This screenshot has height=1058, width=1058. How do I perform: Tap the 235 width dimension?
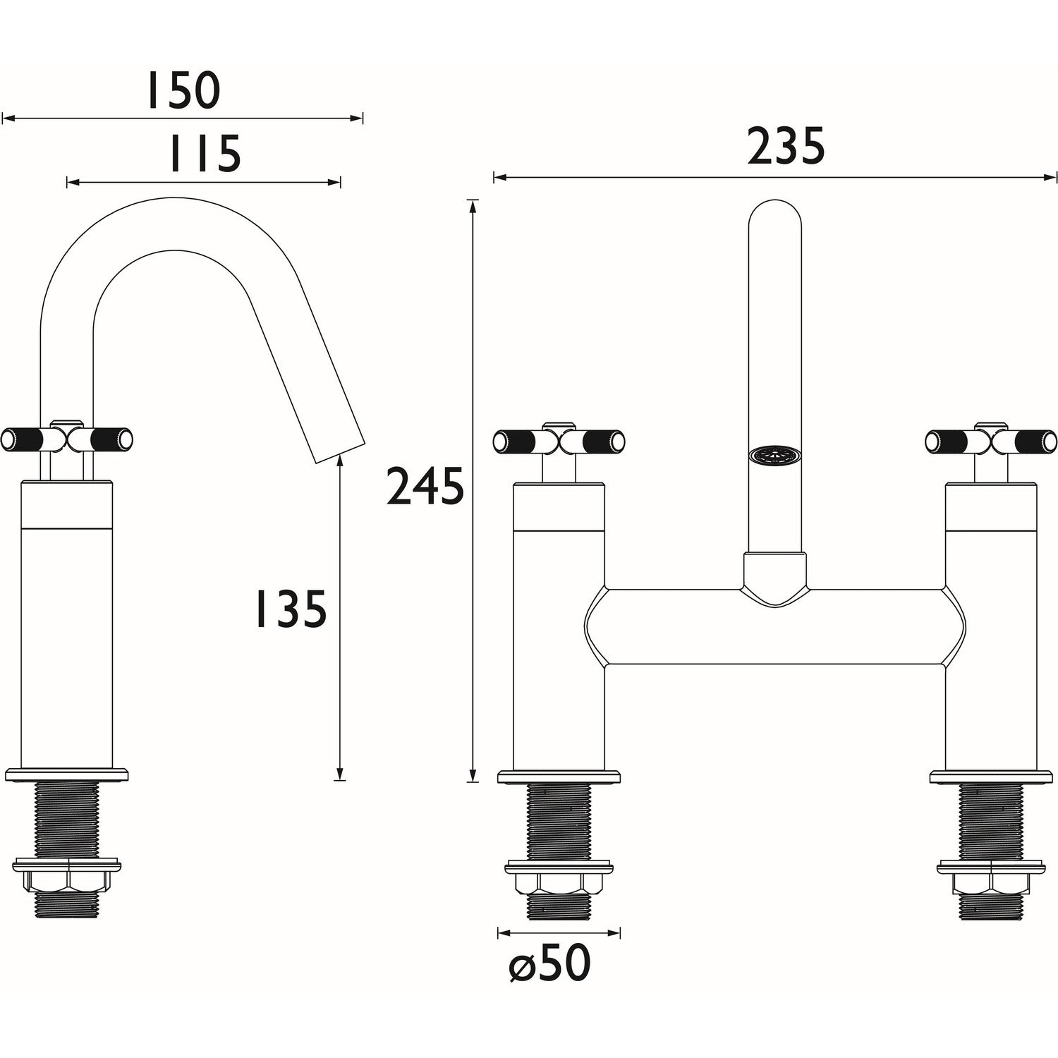[785, 147]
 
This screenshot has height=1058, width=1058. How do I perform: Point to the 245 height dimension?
[425, 487]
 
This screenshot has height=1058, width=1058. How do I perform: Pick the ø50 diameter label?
[549, 963]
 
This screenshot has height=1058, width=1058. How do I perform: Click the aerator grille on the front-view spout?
[773, 455]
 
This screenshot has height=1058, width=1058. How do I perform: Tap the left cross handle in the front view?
[559, 441]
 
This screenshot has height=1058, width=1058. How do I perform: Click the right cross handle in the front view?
[991, 441]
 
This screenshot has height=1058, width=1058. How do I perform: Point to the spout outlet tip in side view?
[340, 451]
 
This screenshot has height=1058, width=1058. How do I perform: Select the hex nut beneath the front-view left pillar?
[559, 883]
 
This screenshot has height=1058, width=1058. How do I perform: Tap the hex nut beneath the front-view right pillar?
[991, 883]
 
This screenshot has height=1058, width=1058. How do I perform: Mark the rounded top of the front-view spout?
[774, 212]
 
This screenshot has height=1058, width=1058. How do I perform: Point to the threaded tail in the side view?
[67, 818]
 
